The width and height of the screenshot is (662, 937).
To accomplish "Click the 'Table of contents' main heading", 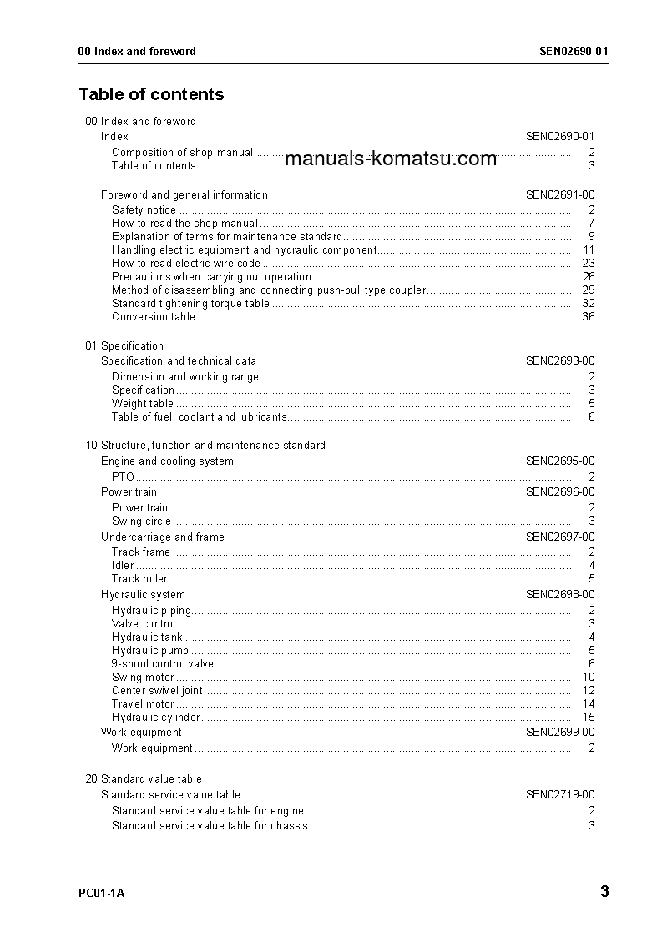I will coord(151,94).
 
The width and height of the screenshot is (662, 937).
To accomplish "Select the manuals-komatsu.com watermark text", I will coord(391,159).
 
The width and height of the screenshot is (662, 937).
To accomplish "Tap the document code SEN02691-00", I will coord(559,194).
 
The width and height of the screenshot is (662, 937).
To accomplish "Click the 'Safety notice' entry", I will coord(144,209).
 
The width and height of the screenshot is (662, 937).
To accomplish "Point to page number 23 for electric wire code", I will coord(588,263).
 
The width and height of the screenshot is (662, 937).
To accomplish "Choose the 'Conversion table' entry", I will coord(154,316).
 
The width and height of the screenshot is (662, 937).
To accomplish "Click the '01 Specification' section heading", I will coord(124,345).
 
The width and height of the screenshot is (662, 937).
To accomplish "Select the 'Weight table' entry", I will coord(143,403).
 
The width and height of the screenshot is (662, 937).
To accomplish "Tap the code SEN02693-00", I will coord(559,360).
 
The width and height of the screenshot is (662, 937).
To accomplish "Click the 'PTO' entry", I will coord(123,476).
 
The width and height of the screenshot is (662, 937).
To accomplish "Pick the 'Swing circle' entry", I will coord(141,521).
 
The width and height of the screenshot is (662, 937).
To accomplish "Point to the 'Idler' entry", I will coord(123,565).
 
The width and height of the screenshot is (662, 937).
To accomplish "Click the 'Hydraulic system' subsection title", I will coord(143,594).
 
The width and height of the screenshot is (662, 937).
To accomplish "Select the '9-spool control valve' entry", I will coord(163,663).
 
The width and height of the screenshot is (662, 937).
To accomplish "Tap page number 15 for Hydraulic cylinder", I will coord(588,717).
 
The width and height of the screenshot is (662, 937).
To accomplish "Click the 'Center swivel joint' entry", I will coord(157,690).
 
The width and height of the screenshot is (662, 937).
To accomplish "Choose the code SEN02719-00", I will coord(559,794).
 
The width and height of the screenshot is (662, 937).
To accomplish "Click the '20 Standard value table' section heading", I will coord(144,778).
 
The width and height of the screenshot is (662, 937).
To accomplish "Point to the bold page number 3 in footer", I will coord(604,892).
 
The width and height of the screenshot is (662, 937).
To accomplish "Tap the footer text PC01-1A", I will coord(101,894).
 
